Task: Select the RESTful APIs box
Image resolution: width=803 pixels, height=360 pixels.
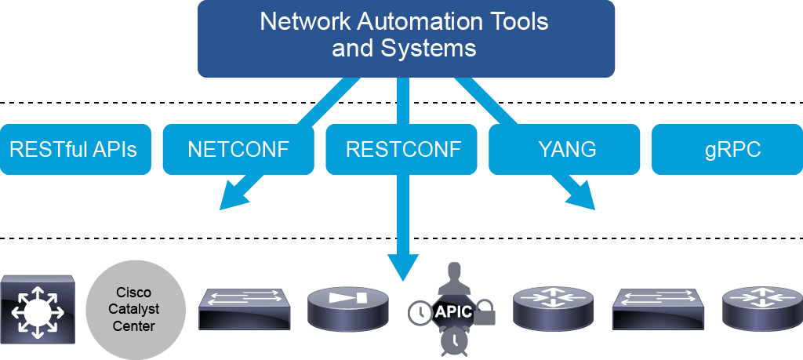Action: coord(75,150)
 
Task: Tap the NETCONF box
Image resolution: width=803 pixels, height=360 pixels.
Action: coord(238,150)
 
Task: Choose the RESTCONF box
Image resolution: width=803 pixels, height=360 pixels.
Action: coord(401,150)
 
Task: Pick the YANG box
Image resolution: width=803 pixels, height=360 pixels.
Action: coord(565,150)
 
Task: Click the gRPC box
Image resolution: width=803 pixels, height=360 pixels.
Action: coord(727,150)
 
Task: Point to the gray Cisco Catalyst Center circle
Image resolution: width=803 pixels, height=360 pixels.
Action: coord(135,310)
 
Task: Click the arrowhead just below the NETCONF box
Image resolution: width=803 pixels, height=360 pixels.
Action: coord(238,195)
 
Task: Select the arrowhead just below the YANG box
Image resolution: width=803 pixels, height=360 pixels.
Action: coord(576,195)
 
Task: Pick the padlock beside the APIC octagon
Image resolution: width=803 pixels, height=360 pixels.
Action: coord(485,313)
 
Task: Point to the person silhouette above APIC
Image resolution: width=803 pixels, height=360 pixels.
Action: coord(453,277)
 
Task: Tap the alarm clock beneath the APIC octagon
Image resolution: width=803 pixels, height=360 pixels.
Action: coord(453,340)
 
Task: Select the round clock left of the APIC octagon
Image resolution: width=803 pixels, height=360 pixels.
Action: coord(420,312)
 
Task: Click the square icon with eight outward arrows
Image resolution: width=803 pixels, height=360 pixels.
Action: coord(38,310)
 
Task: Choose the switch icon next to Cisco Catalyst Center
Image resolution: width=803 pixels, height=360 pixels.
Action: coord(245,309)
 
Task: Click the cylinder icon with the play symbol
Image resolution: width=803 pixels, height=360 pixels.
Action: coord(348,309)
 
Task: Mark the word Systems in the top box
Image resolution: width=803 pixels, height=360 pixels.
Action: coord(429,49)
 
